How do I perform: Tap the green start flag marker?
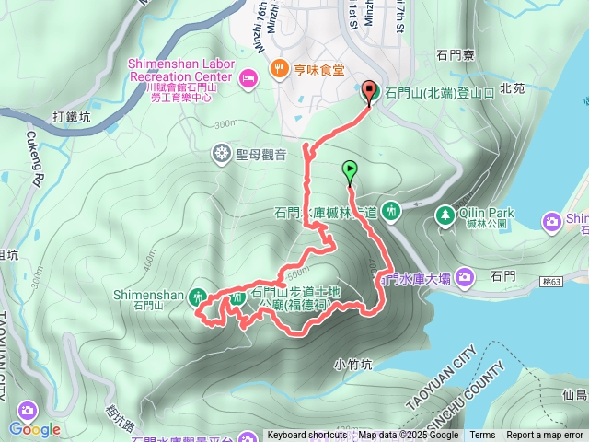click(x=350, y=169)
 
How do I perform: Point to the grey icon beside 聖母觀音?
click(x=221, y=152)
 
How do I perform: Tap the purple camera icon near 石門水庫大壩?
click(x=464, y=276)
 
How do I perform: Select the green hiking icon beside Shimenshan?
click(x=198, y=297)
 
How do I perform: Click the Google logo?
click(x=35, y=429)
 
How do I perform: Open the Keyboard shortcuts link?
click(x=307, y=436)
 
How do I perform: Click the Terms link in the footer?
click(x=482, y=436)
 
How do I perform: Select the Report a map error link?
click(x=545, y=436)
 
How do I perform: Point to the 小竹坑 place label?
click(x=353, y=364)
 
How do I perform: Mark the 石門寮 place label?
click(x=456, y=55)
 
